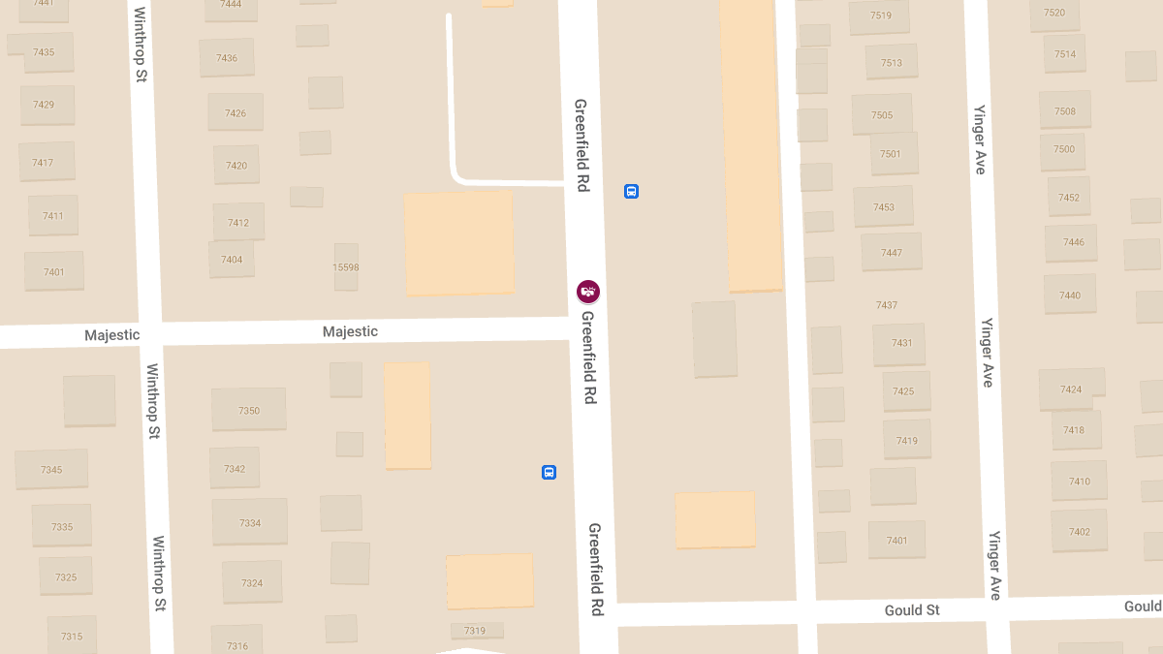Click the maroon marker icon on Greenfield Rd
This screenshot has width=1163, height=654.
587,291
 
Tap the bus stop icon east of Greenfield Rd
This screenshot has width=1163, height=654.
631,191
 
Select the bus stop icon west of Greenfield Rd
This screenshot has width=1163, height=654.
549,472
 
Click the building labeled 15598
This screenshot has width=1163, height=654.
346,267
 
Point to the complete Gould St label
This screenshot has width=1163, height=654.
912,610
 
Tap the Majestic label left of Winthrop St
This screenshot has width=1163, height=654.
111,335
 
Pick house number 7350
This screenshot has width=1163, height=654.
249,410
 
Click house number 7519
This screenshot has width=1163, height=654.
880,16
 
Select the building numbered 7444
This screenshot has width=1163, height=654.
231,5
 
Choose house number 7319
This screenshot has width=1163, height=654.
475,631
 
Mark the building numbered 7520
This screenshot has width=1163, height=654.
1054,13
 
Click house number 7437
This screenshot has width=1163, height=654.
887,305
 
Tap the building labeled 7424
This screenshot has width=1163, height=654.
1071,389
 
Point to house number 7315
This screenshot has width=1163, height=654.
72,637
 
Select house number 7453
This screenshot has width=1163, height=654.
883,207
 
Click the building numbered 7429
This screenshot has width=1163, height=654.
44,105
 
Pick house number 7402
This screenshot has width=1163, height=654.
1080,532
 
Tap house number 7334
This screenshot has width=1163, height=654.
250,523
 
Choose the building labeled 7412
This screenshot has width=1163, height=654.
238,223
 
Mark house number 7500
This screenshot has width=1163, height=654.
1064,149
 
